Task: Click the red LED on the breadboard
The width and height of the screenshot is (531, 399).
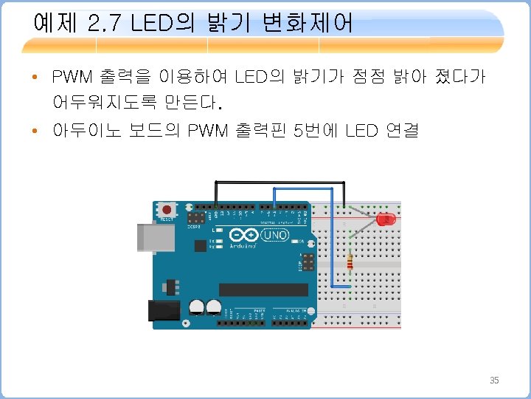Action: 386,220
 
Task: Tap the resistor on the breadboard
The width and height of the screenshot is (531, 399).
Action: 349,262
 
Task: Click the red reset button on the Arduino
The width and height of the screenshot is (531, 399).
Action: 167,210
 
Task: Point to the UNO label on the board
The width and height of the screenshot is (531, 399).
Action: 276,236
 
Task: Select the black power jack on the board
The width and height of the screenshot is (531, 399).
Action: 163,310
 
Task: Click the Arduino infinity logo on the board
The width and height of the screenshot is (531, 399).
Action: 242,236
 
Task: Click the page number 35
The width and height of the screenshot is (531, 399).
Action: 495,381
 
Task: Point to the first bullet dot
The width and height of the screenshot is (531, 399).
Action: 35,77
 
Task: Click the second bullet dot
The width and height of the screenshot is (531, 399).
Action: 35,132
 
